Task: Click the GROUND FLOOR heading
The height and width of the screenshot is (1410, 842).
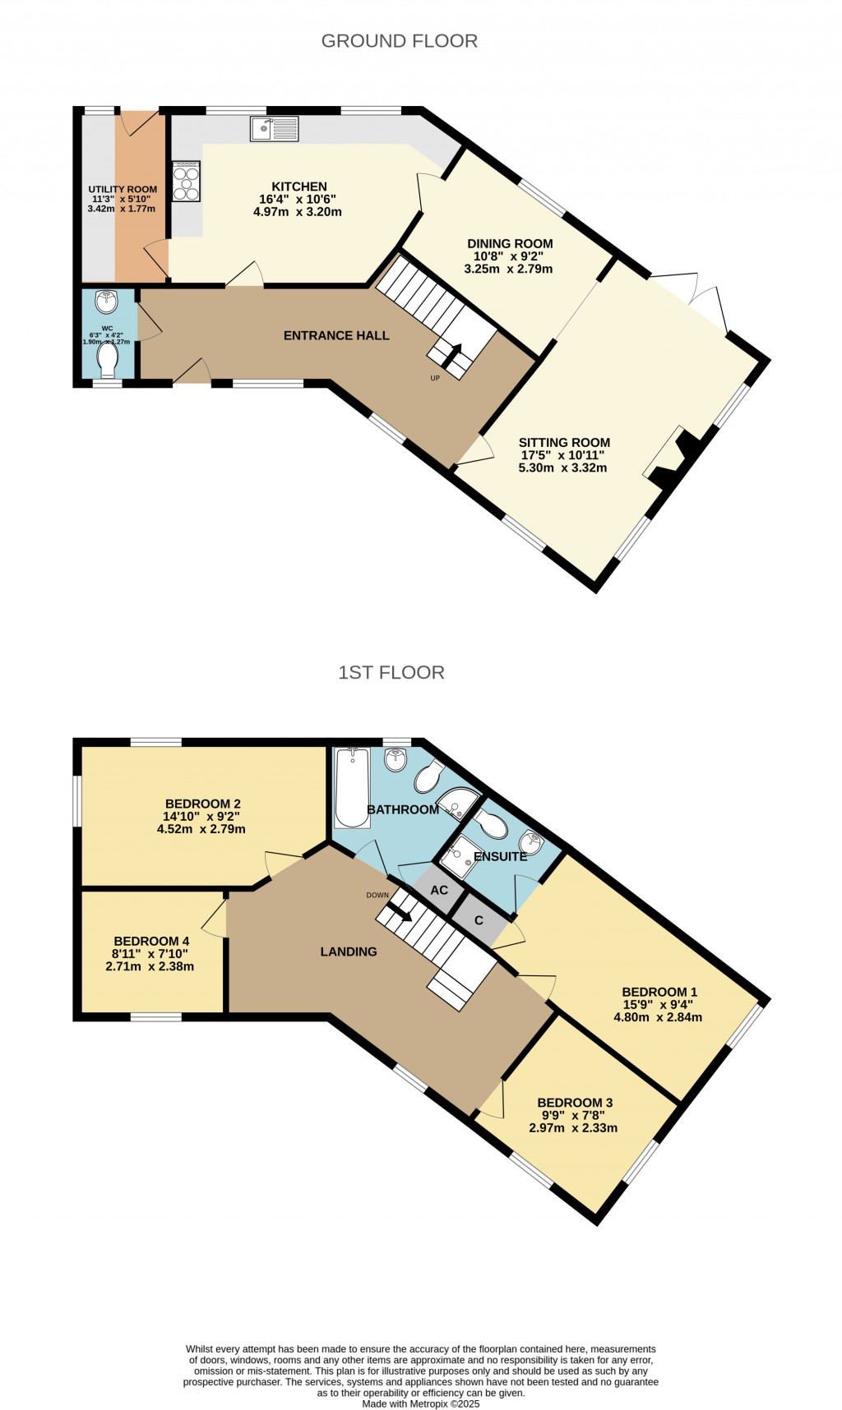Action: (x=399, y=41)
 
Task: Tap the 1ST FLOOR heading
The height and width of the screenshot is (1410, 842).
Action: (x=391, y=672)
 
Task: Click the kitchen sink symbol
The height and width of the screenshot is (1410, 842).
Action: (x=275, y=129)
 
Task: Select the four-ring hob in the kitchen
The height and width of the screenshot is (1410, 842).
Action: (x=187, y=181)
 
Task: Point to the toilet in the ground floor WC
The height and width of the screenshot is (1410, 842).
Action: (x=108, y=359)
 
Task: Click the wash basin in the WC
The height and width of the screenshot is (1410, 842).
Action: (x=107, y=302)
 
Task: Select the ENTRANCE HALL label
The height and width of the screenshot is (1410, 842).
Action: (x=336, y=335)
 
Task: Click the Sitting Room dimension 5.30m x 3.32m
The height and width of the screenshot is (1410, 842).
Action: (x=562, y=468)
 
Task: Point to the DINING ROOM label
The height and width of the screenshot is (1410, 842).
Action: (x=510, y=243)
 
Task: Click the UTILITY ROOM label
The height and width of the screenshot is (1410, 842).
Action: (x=123, y=189)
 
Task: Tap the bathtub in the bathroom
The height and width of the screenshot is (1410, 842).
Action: (x=352, y=787)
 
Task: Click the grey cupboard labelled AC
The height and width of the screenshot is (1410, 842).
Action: (x=439, y=891)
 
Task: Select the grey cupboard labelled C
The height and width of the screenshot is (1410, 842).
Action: (x=479, y=920)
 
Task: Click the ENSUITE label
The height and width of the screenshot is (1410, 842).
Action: (x=500, y=856)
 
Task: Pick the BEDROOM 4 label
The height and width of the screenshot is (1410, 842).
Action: (x=151, y=941)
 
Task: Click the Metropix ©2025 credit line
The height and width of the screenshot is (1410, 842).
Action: (x=420, y=1404)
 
